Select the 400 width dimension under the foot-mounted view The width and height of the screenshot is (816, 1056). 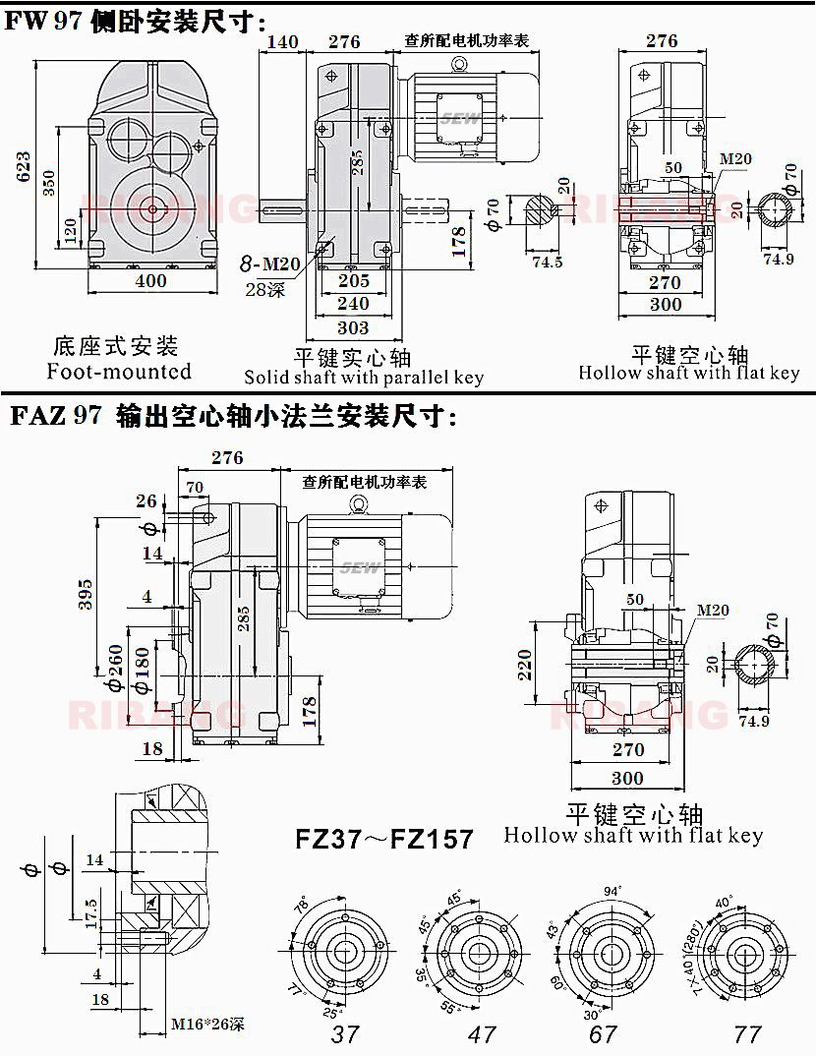(x=150, y=281)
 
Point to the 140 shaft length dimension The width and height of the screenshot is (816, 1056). (x=282, y=41)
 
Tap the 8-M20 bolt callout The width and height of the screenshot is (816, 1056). (x=270, y=264)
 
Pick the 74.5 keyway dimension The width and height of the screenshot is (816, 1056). (x=547, y=262)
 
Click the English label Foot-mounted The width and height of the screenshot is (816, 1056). (x=119, y=372)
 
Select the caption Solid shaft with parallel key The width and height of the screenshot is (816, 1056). (x=364, y=378)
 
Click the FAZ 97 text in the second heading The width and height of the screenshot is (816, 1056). (x=56, y=417)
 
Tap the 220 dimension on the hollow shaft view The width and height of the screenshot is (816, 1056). (x=524, y=665)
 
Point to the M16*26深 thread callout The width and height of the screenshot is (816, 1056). (x=207, y=1025)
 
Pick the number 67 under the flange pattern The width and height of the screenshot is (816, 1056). (x=603, y=1033)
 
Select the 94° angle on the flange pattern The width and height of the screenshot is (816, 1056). (x=611, y=891)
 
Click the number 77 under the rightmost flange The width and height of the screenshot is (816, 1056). (x=748, y=1033)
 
